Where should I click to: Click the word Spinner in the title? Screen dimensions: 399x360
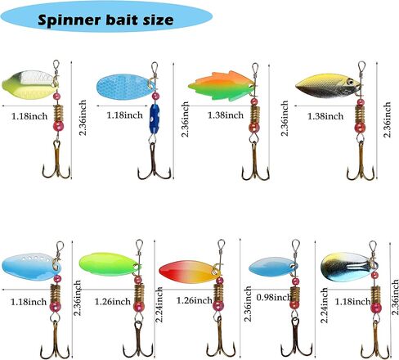click(70, 20)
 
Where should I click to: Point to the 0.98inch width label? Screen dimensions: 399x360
click(273, 297)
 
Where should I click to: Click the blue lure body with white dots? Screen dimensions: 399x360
click(155, 119)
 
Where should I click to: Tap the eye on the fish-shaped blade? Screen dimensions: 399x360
click(350, 81)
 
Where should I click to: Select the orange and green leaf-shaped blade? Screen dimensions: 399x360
click(222, 86)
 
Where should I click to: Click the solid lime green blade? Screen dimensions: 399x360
click(110, 264)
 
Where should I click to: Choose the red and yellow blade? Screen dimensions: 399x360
click(190, 272)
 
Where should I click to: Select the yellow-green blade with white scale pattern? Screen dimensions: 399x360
click(30, 84)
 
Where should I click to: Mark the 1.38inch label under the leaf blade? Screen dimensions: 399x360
click(226, 115)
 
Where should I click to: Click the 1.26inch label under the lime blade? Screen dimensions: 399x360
click(113, 302)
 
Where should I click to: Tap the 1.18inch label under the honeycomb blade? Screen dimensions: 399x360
click(124, 115)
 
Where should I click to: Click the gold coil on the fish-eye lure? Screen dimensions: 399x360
click(360, 114)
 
